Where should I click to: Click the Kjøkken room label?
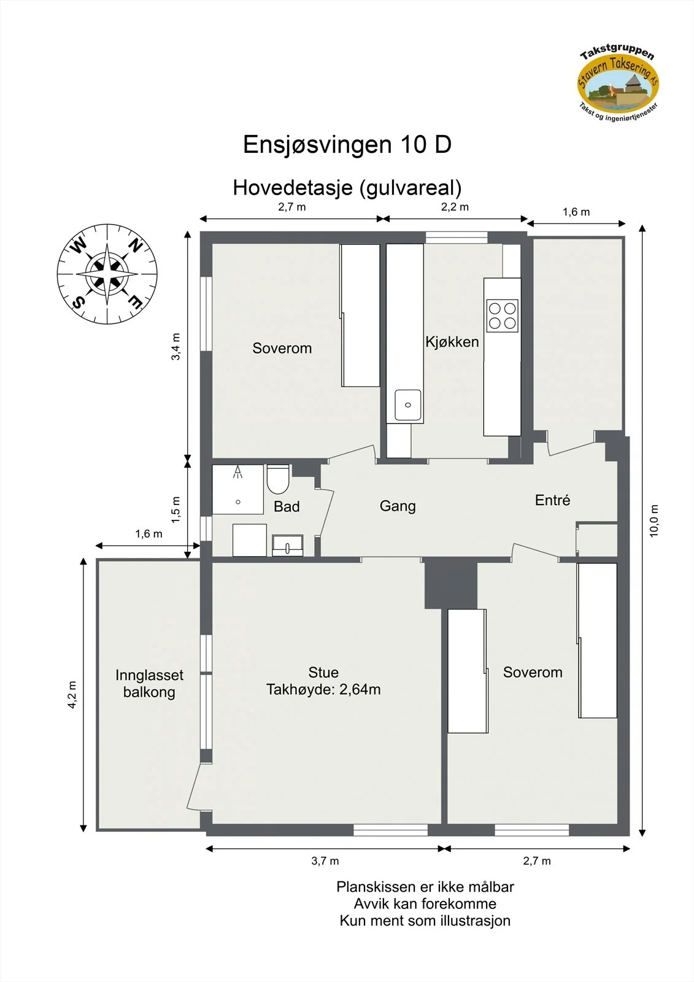coord(452,342)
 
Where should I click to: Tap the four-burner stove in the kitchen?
coord(503,315)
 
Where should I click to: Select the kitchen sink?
coord(407,404)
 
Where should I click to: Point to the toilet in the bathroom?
coord(278,479)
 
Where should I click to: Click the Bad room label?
coord(287,507)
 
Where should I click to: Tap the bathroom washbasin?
coord(288,546)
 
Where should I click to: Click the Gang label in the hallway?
coord(398,506)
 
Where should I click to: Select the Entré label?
coord(552,500)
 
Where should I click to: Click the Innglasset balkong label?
coord(150,684)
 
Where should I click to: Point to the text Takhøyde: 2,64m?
coord(323,690)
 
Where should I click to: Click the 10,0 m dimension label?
coord(654,520)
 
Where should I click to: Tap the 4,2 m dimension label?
coord(72,694)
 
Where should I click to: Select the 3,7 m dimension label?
coord(325,861)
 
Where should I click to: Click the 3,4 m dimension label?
coord(175,346)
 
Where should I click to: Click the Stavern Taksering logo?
coord(618,83)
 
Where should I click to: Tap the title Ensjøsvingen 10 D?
coord(347,144)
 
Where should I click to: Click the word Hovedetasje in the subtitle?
coord(293,188)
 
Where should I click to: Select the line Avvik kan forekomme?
coord(425,903)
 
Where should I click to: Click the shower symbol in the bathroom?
coord(237,472)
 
